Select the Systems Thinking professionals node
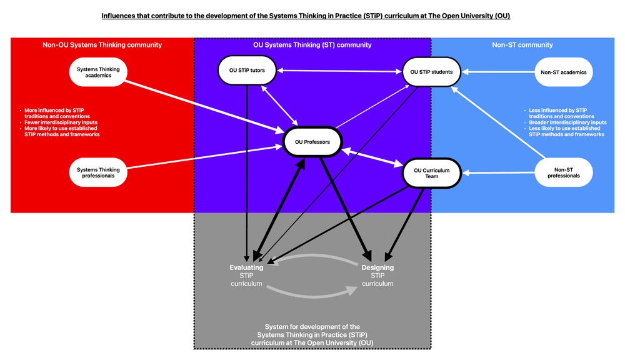[96, 172]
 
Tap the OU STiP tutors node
[247, 70]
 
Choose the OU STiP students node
[431, 72]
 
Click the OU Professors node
[312, 142]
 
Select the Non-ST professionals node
[564, 172]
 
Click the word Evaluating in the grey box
[246, 267]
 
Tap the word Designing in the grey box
[377, 267]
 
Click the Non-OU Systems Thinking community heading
[102, 45]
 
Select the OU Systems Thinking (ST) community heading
[313, 45]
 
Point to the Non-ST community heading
[522, 45]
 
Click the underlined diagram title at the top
[306, 16]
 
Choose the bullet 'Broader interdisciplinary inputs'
[567, 122]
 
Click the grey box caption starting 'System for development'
[312, 334]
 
